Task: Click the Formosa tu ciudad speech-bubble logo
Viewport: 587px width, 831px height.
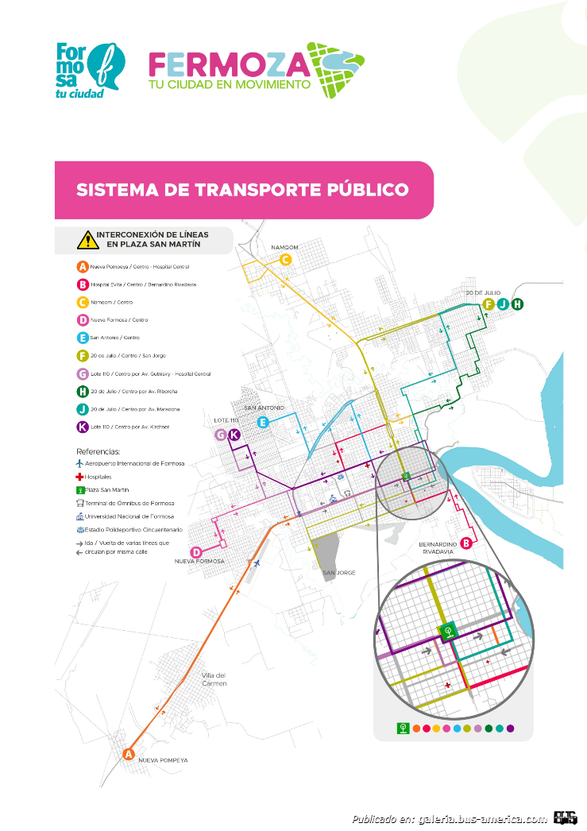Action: (90, 70)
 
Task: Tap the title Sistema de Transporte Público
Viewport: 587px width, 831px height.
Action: (242, 190)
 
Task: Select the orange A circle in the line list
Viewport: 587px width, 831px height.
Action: (82, 267)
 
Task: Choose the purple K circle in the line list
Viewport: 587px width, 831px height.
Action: (82, 427)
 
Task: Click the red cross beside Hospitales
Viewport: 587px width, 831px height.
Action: (79, 477)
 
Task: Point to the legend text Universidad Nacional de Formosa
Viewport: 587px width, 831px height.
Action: (135, 516)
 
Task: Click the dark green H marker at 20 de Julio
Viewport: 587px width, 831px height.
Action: (517, 303)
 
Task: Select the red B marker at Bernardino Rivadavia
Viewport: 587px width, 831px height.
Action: (466, 543)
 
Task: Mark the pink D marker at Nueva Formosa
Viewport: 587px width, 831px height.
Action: (195, 552)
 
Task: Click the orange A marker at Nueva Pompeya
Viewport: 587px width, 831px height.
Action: (129, 754)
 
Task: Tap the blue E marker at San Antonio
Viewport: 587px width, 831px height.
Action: (263, 423)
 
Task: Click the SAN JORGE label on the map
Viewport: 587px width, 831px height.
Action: (339, 572)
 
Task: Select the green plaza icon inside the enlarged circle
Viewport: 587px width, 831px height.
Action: (448, 632)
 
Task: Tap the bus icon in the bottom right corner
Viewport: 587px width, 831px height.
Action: (566, 818)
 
